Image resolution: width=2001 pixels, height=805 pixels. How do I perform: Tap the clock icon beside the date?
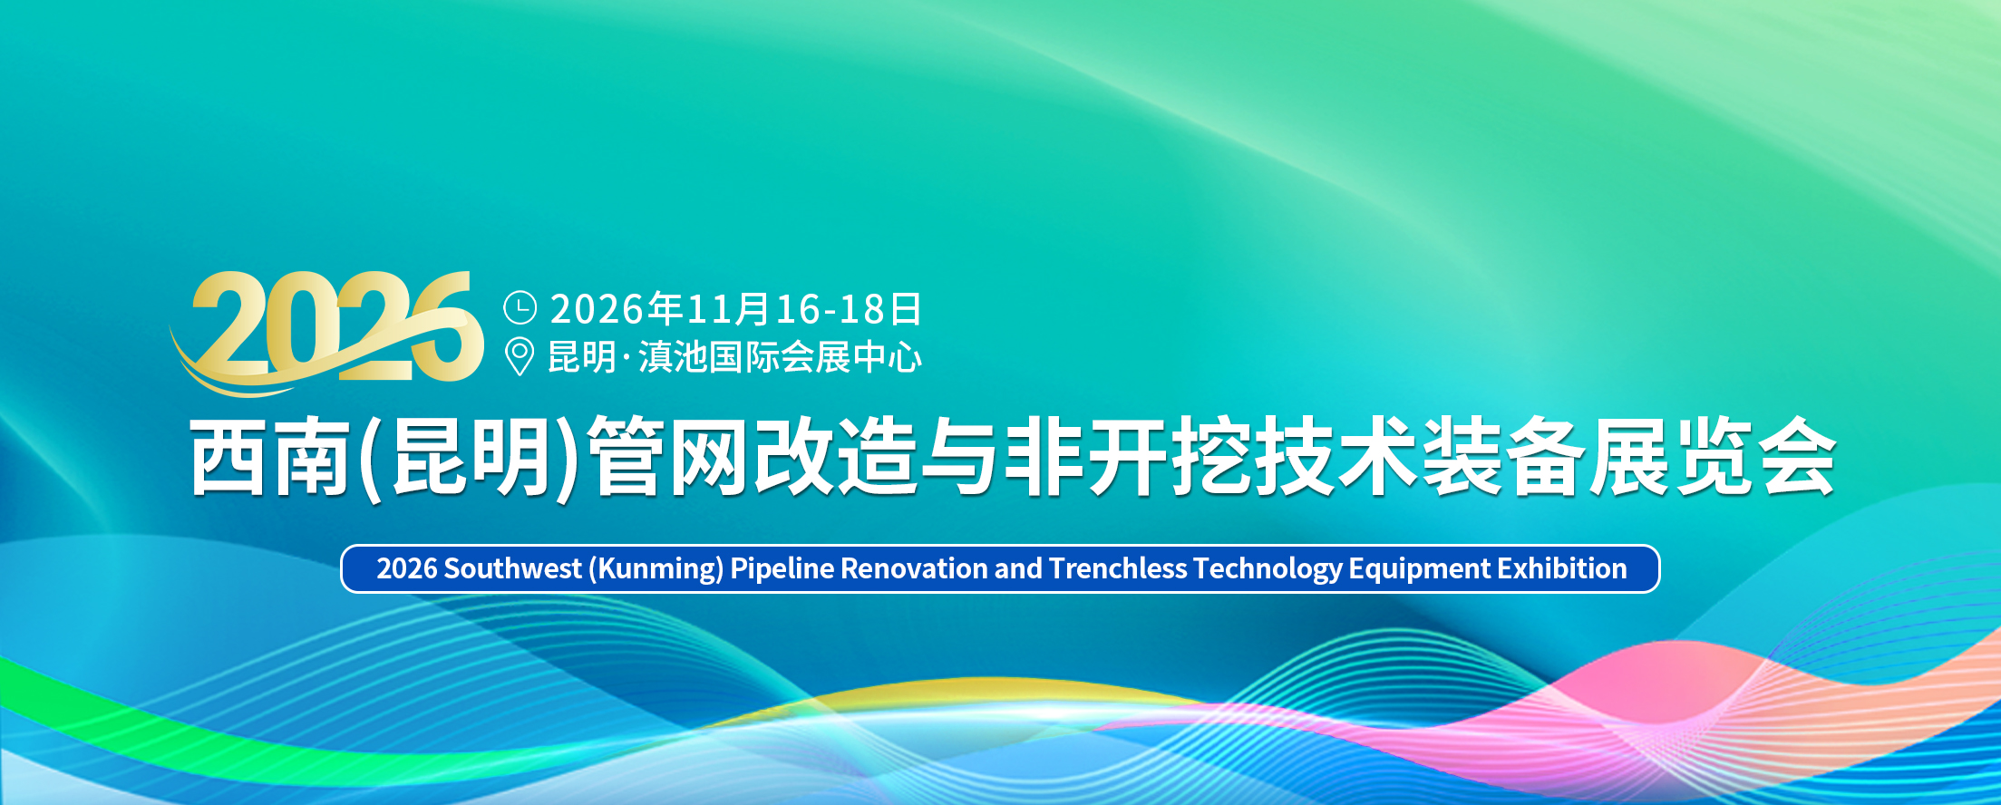[x=520, y=308]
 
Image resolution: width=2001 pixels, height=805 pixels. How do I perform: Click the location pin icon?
[x=519, y=356]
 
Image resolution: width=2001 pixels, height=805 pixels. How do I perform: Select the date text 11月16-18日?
[x=804, y=309]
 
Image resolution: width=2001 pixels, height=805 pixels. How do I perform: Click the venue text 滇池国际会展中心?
[x=781, y=357]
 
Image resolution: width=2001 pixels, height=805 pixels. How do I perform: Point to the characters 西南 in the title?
[x=270, y=456]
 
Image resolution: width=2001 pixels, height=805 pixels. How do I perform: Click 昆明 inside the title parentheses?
[x=471, y=456]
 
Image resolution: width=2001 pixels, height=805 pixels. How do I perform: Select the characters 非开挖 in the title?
[x=1128, y=456]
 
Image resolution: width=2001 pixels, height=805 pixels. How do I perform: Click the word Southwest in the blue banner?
[x=512, y=568]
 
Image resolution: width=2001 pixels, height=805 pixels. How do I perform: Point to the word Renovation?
[x=915, y=568]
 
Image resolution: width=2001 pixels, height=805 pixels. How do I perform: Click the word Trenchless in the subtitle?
[x=1118, y=568]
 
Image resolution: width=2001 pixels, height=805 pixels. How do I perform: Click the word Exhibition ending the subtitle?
[x=1562, y=568]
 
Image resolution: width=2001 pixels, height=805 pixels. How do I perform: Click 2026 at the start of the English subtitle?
[x=407, y=568]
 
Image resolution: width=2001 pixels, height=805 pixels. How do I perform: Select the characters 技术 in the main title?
[x=1336, y=456]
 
